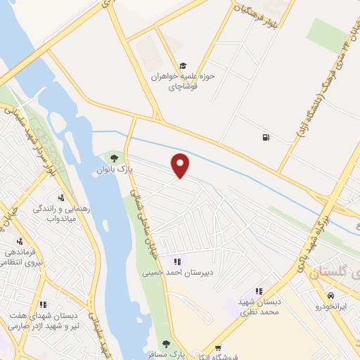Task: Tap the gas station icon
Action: [x=265, y=137]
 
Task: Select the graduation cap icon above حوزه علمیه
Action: [x=184, y=65]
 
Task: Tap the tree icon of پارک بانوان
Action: [x=114, y=157]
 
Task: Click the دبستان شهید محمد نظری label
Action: [x=259, y=305]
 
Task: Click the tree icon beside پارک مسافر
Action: [x=166, y=344]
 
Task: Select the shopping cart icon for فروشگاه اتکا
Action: [x=219, y=347]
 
